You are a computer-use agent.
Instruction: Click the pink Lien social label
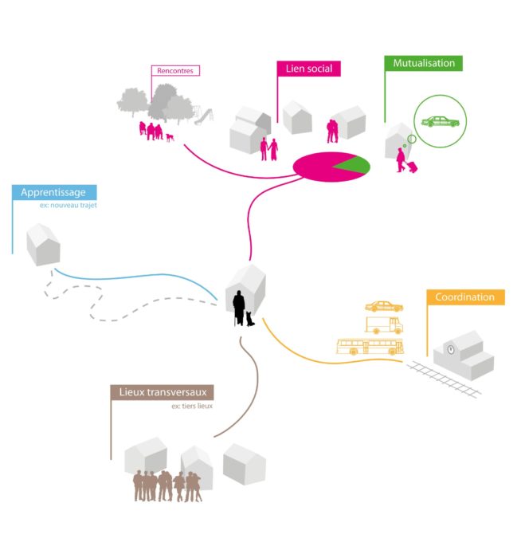pos(308,69)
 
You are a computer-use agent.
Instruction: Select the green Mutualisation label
pos(424,63)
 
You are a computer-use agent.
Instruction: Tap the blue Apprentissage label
pos(54,192)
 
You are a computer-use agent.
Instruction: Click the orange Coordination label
pos(464,297)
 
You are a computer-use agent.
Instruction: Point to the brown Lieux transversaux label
pos(162,392)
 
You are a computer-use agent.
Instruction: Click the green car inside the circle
pos(440,122)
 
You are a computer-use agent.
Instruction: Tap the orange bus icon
pos(370,347)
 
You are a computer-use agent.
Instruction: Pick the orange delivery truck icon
pos(384,325)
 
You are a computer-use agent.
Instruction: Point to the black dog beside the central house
pos(251,318)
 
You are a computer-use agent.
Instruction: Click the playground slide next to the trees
pos(205,116)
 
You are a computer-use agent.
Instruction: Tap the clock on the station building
pos(451,348)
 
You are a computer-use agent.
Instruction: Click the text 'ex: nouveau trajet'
pos(67,206)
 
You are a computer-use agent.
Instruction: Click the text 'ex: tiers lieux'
pos(193,406)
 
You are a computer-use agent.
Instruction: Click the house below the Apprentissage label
pos(43,244)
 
